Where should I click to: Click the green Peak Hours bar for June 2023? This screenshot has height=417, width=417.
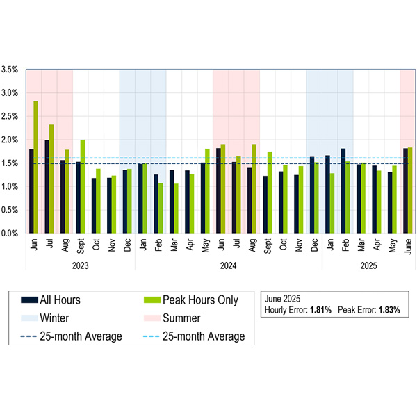[x=35, y=167]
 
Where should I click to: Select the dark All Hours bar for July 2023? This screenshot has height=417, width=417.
[x=47, y=186]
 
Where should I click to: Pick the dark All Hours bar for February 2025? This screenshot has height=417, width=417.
[x=343, y=190]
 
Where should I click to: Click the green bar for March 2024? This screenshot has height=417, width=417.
[x=176, y=208]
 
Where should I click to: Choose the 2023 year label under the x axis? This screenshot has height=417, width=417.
[x=81, y=265]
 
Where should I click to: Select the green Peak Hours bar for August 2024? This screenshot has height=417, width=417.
[x=254, y=188]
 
